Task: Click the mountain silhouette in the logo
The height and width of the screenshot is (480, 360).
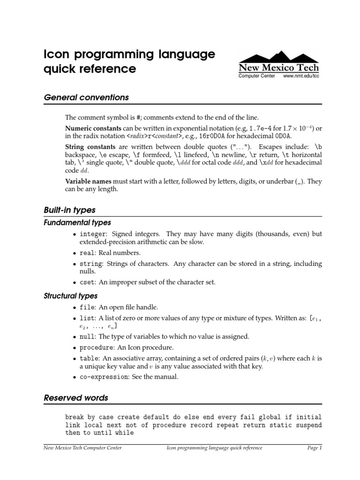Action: (278, 55)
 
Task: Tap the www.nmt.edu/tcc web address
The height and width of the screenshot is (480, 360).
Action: (301, 75)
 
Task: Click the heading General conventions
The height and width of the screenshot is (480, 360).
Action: (86, 97)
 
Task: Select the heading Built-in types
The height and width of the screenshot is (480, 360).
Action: (69, 210)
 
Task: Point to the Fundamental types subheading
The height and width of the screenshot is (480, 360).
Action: (77, 222)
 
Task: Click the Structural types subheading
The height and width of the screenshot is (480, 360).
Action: (71, 296)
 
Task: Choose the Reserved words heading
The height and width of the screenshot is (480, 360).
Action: (76, 397)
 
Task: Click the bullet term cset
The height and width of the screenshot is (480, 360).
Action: (87, 282)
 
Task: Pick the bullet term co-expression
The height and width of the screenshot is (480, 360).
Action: (104, 377)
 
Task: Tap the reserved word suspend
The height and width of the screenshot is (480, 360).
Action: (308, 425)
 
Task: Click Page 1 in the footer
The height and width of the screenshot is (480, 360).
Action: (315, 448)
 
